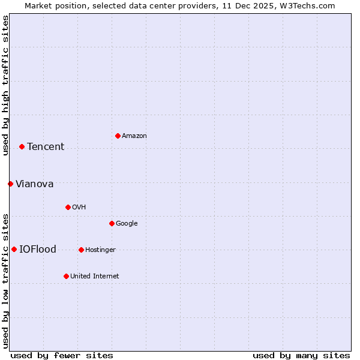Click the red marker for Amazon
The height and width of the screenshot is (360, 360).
(118, 136)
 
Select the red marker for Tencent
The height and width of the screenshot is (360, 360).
(22, 146)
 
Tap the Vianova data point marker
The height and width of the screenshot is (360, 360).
(10, 184)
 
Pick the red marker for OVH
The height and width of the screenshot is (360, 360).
(68, 207)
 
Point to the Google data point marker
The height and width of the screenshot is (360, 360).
(112, 223)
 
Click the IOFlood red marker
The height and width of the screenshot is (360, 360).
(14, 249)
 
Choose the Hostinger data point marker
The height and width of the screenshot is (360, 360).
(81, 250)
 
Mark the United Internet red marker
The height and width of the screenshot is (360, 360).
(66, 276)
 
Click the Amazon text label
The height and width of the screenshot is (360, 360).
(134, 136)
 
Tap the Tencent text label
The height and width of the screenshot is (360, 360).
(46, 147)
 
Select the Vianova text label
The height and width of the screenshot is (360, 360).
(34, 184)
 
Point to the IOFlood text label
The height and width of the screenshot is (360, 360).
(38, 250)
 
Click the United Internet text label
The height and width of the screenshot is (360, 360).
(95, 277)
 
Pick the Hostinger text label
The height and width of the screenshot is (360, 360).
(100, 250)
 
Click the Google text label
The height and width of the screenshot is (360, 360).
(127, 224)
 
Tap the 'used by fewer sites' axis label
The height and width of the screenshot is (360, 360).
(62, 355)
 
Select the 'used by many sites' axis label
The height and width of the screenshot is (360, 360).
(301, 355)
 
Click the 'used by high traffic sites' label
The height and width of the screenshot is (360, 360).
(5, 85)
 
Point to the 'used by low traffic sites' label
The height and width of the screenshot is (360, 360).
(5, 281)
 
